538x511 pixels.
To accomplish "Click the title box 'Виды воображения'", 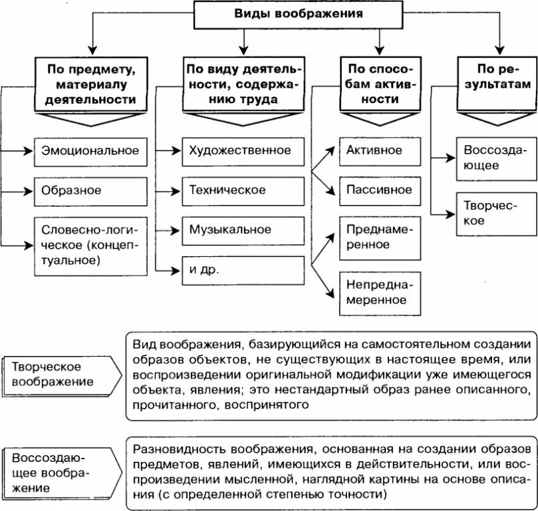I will [298, 13].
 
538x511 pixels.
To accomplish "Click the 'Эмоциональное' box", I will [90, 150].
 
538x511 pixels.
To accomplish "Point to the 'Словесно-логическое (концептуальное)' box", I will [90, 245].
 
